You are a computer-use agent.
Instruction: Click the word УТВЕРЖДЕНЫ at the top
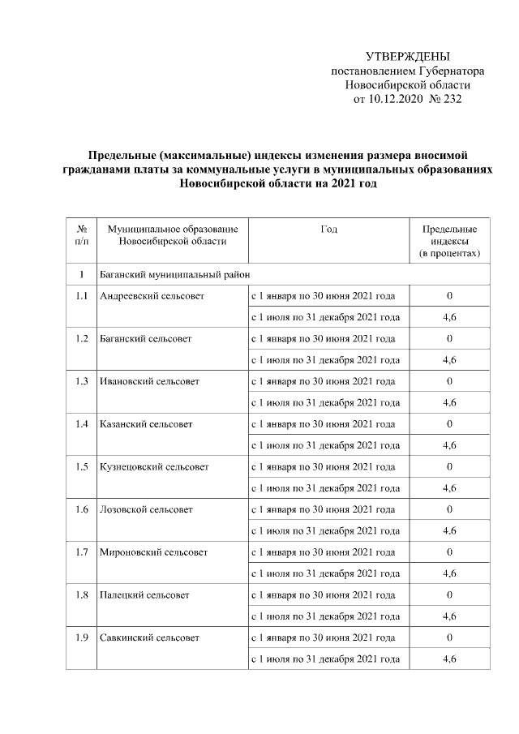tap(407, 56)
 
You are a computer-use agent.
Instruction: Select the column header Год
tap(328, 230)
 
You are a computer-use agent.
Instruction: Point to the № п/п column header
tap(81, 235)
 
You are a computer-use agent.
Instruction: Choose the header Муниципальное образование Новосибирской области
tap(172, 235)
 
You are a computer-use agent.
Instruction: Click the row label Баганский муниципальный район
tap(174, 275)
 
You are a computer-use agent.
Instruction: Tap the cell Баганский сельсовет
tap(145, 338)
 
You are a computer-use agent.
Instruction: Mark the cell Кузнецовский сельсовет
tap(154, 466)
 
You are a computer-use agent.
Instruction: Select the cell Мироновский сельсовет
tap(153, 552)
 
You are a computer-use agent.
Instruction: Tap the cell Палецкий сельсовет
tap(144, 594)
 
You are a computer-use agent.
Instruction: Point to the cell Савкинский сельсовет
tap(149, 637)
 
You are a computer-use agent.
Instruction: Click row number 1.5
tap(81, 466)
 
